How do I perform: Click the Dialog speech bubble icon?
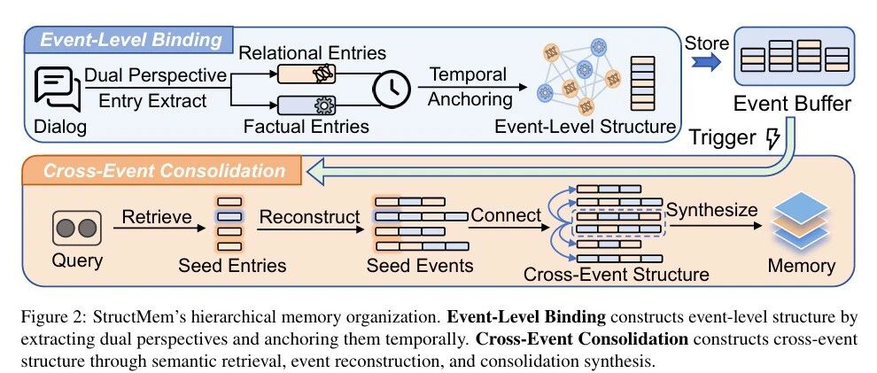click(57, 89)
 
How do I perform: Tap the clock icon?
click(392, 88)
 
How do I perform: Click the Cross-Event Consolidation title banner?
click(164, 170)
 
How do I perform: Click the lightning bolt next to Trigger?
click(772, 137)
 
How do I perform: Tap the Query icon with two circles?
click(77, 228)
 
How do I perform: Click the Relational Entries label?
click(312, 52)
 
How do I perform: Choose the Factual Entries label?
click(306, 126)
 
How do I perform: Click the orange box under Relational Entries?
click(307, 74)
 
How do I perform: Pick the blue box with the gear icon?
click(307, 105)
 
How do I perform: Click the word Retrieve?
click(157, 216)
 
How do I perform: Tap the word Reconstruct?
click(309, 216)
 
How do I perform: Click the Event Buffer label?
click(793, 104)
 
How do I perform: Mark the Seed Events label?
click(420, 265)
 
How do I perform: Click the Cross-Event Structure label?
click(617, 274)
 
